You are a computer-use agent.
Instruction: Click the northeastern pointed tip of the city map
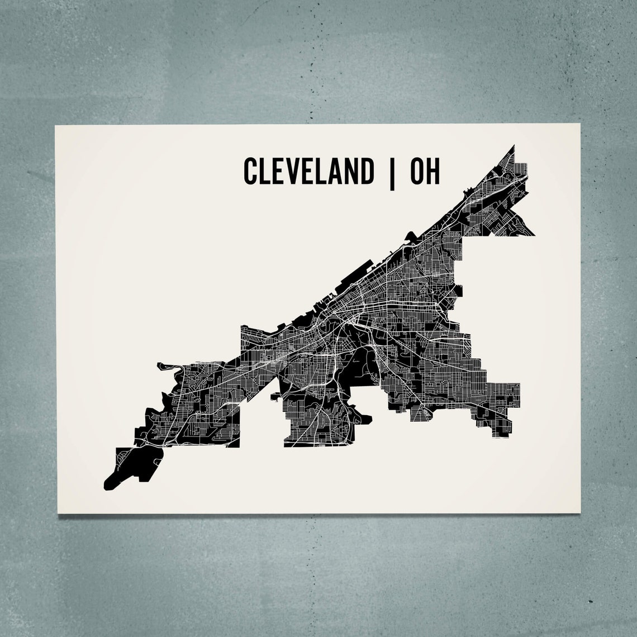[x=514, y=146]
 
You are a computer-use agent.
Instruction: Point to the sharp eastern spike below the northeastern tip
[x=535, y=234]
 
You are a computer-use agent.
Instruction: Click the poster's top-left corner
[x=55, y=125]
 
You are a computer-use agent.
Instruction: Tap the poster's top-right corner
[x=581, y=124]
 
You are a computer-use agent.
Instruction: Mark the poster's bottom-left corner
[x=58, y=513]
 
